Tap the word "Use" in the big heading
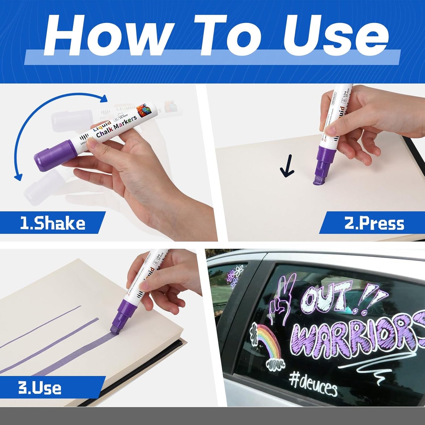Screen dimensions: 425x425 [x=335, y=35]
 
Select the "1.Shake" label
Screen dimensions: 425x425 [x=52, y=224]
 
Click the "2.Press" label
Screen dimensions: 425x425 [x=374, y=224]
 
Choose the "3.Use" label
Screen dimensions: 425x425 [x=40, y=388]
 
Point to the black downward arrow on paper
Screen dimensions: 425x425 [x=287, y=167]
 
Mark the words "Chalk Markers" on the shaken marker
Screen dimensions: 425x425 [x=116, y=126]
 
